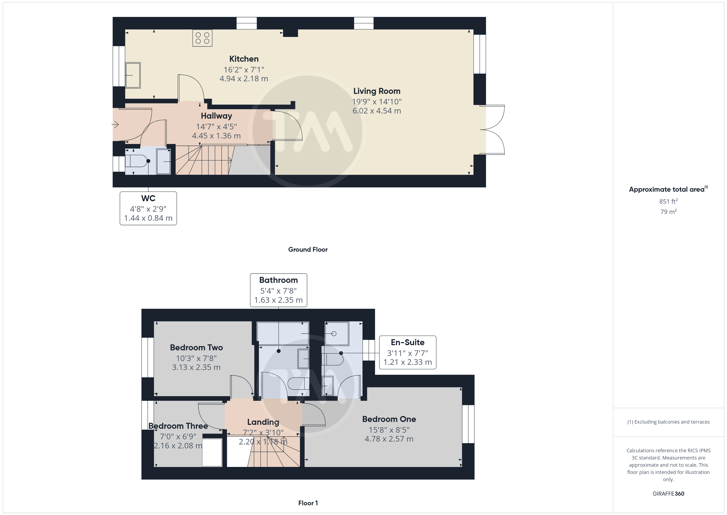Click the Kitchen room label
point(244,59)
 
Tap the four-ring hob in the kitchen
point(202,38)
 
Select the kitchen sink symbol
point(133,75)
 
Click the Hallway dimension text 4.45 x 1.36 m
point(216,136)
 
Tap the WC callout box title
point(148,198)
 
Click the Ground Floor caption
point(308,250)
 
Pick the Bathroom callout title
point(278,280)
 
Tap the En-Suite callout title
point(408,343)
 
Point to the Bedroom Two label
point(196,347)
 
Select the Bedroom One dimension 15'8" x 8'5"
point(389,430)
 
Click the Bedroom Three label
point(178,426)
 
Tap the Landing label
point(263,422)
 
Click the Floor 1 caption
point(308,503)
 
